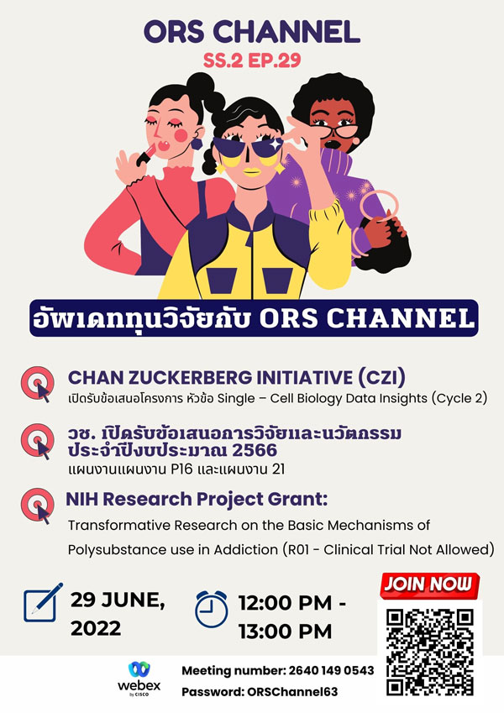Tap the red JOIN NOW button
[428, 585]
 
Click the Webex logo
[139, 679]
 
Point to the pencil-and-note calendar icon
[43, 602]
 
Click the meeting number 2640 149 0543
[331, 670]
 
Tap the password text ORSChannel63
[292, 692]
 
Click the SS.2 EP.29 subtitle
[252, 60]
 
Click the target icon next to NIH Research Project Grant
[37, 506]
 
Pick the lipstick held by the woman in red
[146, 154]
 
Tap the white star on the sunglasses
[276, 144]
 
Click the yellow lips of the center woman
[251, 172]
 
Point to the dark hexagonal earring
[197, 144]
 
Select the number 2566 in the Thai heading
[255, 450]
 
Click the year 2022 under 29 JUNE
[96, 628]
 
